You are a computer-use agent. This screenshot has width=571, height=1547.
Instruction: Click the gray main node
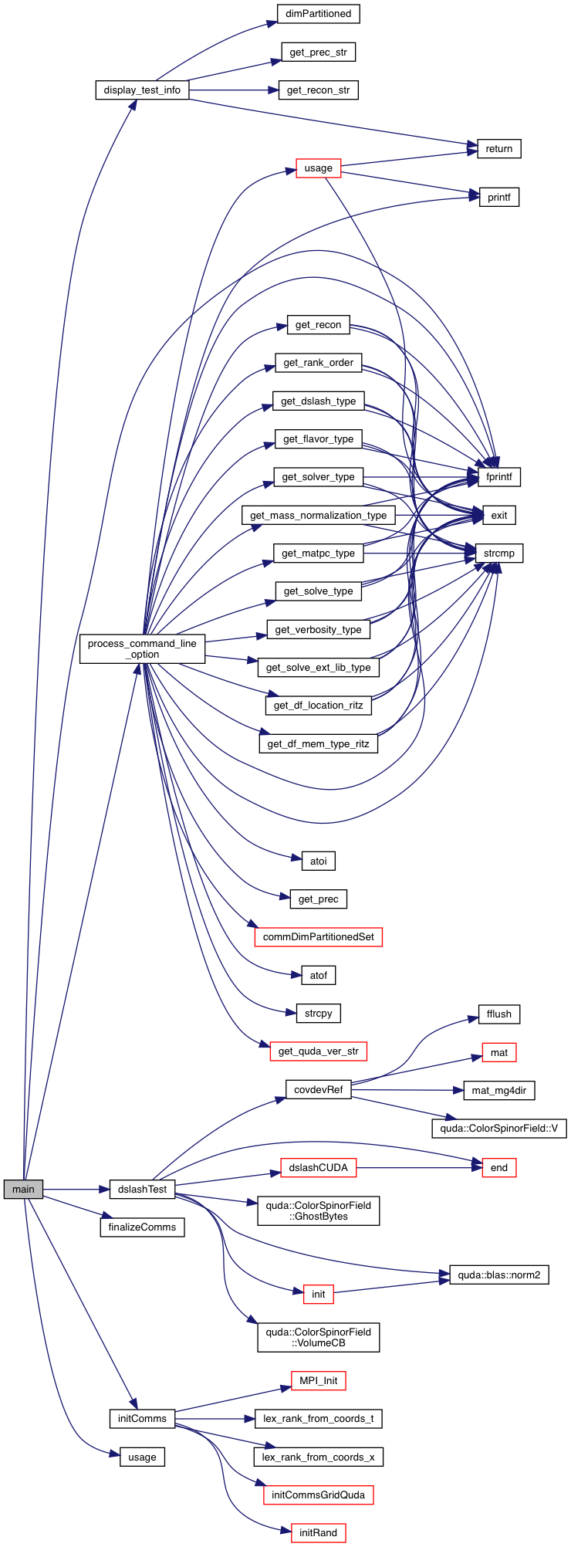tap(23, 1189)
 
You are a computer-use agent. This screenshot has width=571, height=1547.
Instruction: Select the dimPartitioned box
tap(318, 14)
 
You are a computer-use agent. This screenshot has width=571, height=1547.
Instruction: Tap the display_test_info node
tap(142, 90)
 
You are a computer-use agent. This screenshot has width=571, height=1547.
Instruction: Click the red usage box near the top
tap(318, 168)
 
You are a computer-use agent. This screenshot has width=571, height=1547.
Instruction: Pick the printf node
tap(498, 198)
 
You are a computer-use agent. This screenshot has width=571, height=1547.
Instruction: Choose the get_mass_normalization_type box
tap(318, 516)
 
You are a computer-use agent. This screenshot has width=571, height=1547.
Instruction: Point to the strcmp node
tap(499, 553)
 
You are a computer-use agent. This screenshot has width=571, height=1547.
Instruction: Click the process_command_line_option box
tap(142, 648)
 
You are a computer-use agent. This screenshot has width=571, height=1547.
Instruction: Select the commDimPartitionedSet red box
tap(318, 937)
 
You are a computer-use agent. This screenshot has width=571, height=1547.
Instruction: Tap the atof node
tap(318, 976)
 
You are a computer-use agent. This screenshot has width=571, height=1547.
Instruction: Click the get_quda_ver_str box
tap(318, 1051)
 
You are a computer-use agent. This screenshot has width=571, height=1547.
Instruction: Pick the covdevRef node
tap(318, 1090)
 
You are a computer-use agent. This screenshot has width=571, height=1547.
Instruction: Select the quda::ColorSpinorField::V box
tap(499, 1128)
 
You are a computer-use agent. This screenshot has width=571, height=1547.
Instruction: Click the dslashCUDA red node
tap(318, 1168)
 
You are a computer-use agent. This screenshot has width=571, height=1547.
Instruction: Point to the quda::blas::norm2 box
tap(499, 1275)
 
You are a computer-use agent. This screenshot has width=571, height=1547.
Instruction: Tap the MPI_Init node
tap(318, 1380)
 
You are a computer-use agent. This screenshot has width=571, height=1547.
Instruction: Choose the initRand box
tap(318, 1532)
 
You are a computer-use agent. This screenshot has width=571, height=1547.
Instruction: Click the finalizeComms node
tap(142, 1227)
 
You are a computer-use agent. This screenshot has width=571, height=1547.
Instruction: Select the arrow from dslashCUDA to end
tap(417, 1168)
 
